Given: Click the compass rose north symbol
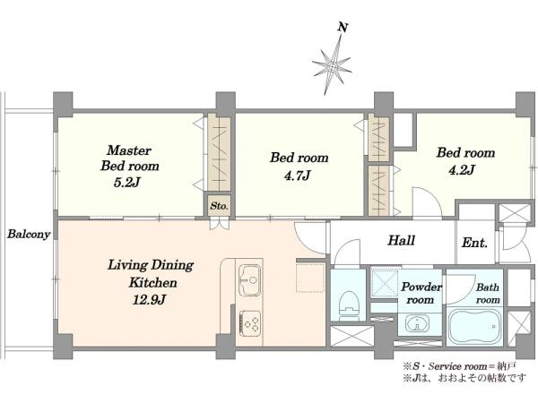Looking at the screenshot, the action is click(x=332, y=65).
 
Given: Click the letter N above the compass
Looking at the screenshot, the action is click(x=343, y=27).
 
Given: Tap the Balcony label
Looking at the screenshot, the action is click(x=29, y=235).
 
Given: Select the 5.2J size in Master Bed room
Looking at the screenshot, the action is click(x=127, y=183).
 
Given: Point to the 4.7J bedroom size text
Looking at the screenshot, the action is click(x=298, y=176).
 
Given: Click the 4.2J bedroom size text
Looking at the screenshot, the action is click(x=462, y=169).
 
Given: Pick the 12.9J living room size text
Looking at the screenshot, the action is click(x=149, y=300).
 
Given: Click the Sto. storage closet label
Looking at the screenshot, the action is click(x=219, y=206).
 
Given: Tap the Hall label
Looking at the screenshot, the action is click(x=402, y=240).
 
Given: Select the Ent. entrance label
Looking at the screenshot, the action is click(x=474, y=243).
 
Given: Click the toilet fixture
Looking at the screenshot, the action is click(x=349, y=306).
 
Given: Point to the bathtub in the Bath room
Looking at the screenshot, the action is click(x=475, y=327).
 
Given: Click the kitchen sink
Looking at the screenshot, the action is click(x=249, y=280).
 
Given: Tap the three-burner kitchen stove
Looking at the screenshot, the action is click(x=250, y=323).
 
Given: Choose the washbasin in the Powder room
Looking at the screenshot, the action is click(x=417, y=323).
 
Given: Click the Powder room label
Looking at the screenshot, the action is click(x=421, y=294).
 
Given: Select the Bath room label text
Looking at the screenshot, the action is click(x=487, y=294).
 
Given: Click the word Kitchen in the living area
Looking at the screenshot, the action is click(x=153, y=283).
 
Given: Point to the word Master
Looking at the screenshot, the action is click(x=129, y=150).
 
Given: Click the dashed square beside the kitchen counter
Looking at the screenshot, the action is click(x=310, y=278).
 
